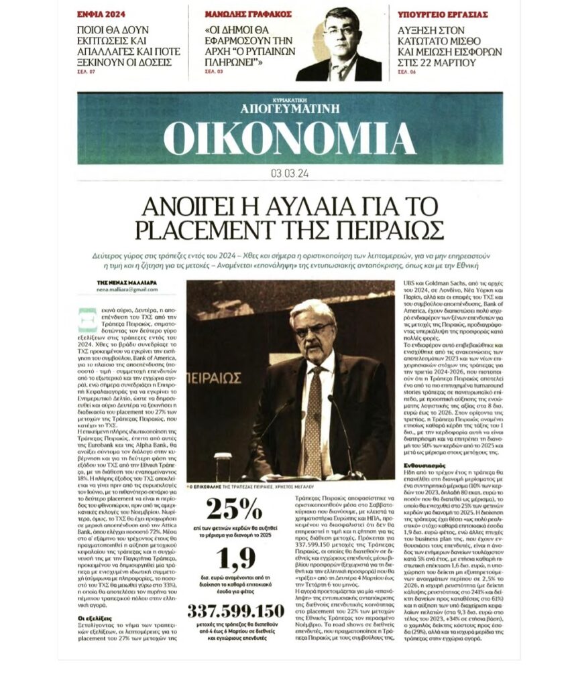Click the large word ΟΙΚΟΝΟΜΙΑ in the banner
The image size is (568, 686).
[289, 138]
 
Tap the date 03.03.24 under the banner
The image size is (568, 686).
[289, 174]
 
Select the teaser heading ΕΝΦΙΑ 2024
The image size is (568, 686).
[101, 13]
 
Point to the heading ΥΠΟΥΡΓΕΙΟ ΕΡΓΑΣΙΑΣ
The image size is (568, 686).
[443, 13]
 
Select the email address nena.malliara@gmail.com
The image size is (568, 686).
[127, 290]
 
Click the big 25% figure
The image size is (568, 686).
[234, 509]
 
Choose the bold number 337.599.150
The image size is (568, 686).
[235, 612]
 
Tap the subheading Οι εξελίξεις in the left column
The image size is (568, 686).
[93, 618]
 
